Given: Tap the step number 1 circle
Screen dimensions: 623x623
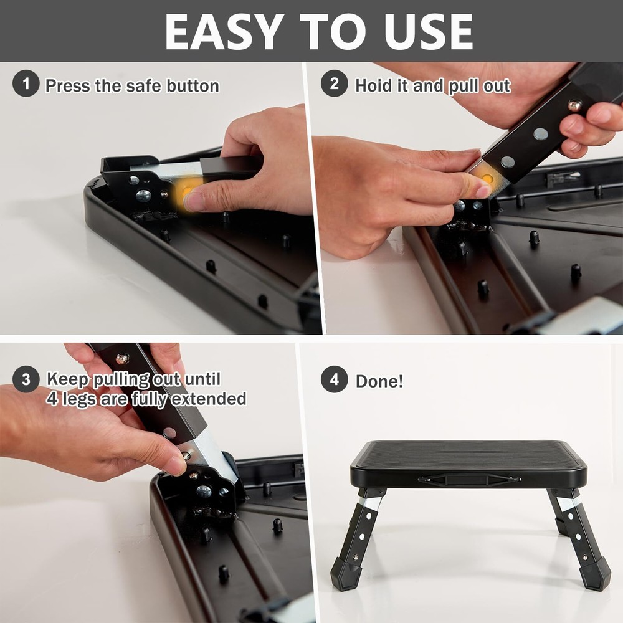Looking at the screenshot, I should [x=26, y=84].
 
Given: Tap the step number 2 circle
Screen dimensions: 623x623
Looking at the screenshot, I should [x=335, y=84].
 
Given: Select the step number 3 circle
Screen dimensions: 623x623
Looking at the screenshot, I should [x=26, y=379].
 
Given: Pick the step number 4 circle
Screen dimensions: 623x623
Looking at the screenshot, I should [x=335, y=379].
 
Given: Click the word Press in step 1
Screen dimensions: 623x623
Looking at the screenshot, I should [x=67, y=85].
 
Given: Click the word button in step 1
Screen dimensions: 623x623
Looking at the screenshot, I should [x=193, y=85].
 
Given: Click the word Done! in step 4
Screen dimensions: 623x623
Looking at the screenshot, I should [x=379, y=381].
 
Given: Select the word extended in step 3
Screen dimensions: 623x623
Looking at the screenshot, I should [x=209, y=398].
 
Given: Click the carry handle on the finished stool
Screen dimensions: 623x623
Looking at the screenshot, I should [x=468, y=479].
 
